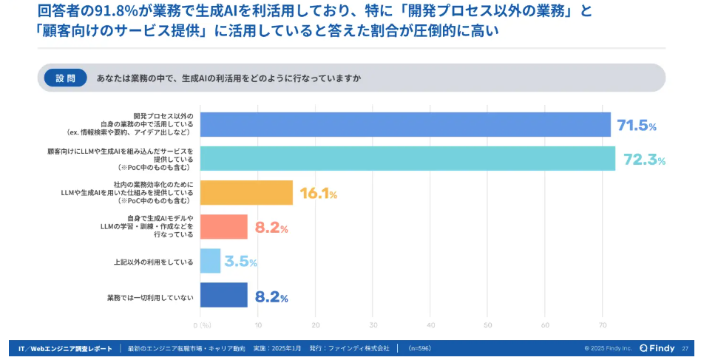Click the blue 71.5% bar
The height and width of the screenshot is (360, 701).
tap(405, 125)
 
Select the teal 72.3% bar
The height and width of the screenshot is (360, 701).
tap(407, 159)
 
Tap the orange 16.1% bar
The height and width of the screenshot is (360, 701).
tap(246, 193)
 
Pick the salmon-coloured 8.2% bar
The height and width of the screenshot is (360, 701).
tap(223, 227)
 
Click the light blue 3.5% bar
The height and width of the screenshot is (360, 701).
tap(210, 261)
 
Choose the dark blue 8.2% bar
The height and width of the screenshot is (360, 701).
tap(223, 295)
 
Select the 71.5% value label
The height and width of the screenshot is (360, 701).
tap(637, 126)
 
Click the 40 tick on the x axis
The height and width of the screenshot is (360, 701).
tap(430, 325)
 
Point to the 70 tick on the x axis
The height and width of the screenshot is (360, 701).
tap(603, 325)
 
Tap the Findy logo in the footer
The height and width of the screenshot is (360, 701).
tap(657, 348)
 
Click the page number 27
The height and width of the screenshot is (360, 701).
tap(685, 348)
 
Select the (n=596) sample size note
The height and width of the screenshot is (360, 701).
tap(419, 348)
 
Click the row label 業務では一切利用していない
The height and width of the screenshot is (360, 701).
tap(150, 297)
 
